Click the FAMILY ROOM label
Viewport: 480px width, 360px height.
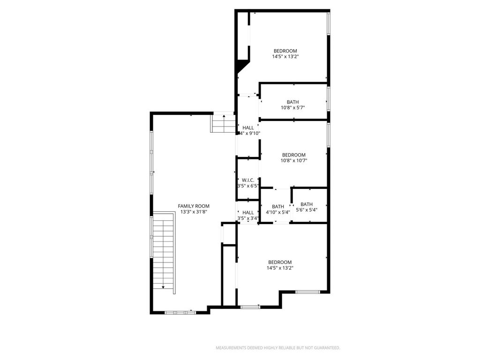194,206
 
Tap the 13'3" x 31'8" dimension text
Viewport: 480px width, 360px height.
194,212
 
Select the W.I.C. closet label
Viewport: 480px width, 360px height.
248,180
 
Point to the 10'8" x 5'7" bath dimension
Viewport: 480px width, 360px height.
292,108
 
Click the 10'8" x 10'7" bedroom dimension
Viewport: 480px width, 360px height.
294,160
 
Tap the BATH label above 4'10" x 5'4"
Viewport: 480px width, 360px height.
278,207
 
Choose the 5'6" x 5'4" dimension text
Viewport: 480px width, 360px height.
307,210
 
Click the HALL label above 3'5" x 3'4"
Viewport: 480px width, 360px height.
248,212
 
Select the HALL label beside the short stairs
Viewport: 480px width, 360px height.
248,127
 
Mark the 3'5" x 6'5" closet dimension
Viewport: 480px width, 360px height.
248,186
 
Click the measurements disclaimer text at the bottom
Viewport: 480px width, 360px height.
278,348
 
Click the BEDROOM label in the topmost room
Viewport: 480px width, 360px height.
285,51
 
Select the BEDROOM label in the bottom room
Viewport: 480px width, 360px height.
280,262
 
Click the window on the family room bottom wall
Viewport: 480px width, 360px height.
180,313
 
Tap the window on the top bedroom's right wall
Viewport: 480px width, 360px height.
329,23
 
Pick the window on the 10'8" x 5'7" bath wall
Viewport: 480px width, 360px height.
329,99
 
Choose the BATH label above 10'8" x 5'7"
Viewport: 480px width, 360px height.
292,102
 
